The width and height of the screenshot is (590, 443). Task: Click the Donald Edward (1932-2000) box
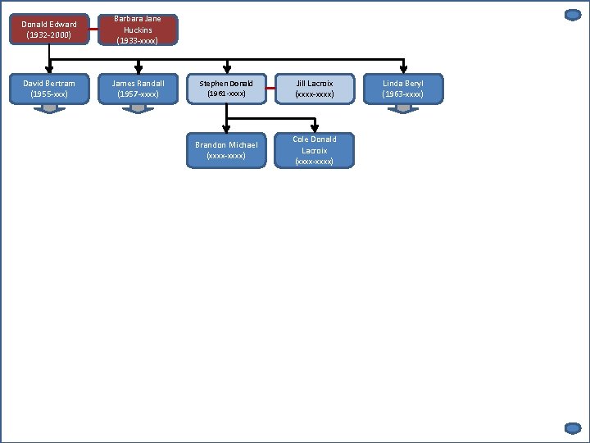[x=49, y=30]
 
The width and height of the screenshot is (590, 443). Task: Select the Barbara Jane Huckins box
[x=138, y=30]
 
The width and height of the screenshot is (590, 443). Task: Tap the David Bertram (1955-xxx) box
[x=49, y=89]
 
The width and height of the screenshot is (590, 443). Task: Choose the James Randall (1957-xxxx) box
[x=138, y=89]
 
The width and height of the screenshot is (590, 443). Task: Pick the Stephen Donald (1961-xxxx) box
[x=226, y=89]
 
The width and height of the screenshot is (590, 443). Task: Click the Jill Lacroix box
[x=315, y=89]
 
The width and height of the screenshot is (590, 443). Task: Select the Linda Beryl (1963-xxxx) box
[x=403, y=89]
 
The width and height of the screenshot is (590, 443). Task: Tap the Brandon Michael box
[x=226, y=150]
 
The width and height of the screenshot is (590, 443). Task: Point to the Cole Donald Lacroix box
[x=315, y=150]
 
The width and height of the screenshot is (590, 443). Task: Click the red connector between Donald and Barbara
[x=93, y=30]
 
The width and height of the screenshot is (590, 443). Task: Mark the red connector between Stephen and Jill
[x=270, y=89]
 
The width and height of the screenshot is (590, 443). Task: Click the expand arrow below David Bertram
[x=49, y=108]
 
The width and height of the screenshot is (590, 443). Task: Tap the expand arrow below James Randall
[x=138, y=108]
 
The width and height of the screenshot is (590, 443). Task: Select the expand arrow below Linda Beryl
[x=403, y=108]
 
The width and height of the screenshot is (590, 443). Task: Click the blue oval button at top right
[x=573, y=15]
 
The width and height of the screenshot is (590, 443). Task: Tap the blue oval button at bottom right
[x=573, y=427]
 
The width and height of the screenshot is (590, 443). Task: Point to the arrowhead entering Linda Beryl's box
[x=403, y=70]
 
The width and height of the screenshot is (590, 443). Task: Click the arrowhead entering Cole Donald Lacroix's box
[x=315, y=128]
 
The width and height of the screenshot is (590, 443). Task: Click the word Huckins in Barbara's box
[x=138, y=30]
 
